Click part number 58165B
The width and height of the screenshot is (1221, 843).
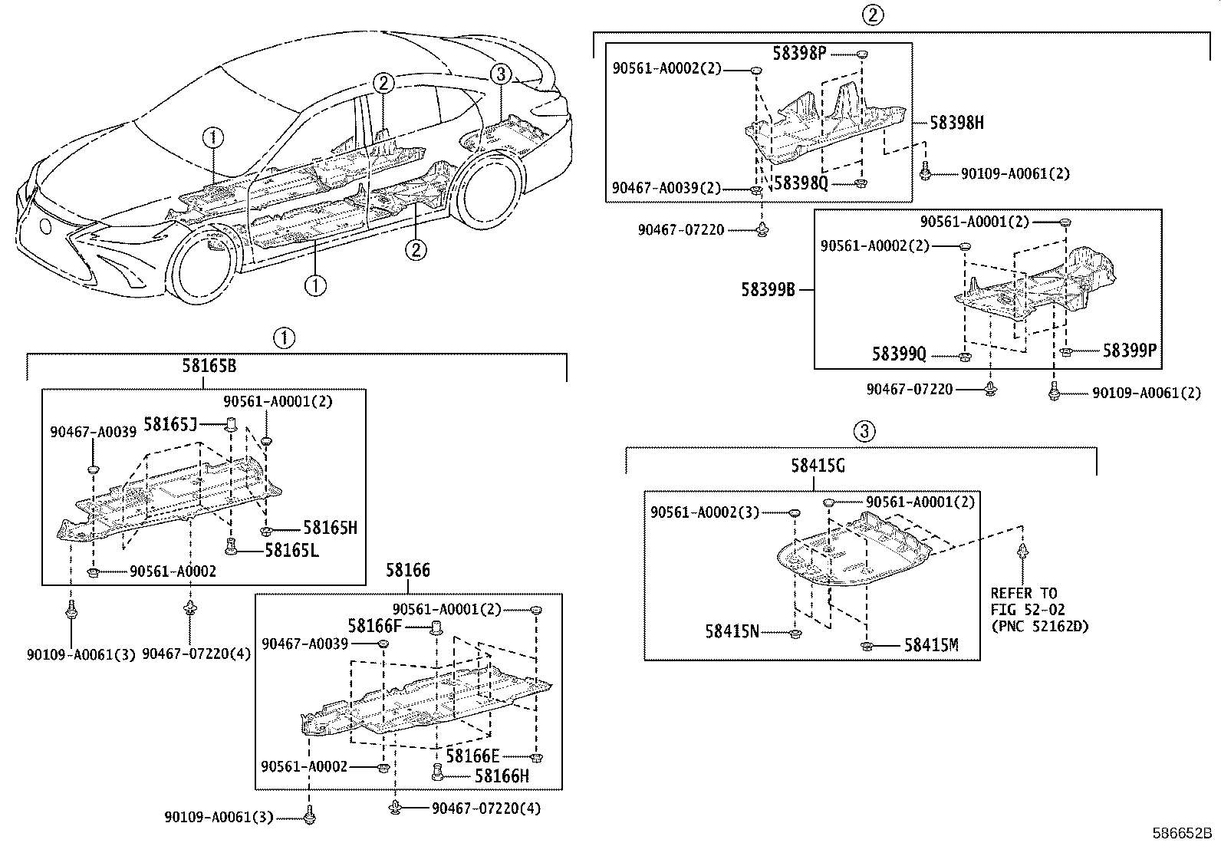click(x=209, y=366)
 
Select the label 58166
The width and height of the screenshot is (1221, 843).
click(x=407, y=571)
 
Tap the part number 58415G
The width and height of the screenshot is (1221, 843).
click(x=818, y=466)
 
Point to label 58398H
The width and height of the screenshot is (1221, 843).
click(x=956, y=123)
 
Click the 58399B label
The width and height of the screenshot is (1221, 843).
click(x=768, y=290)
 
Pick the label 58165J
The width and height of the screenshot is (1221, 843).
click(x=170, y=423)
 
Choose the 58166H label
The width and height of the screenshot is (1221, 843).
click(x=502, y=775)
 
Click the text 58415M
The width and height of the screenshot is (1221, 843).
click(x=931, y=645)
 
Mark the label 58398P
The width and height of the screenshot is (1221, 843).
click(x=799, y=53)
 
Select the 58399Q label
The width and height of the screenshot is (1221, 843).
click(x=899, y=354)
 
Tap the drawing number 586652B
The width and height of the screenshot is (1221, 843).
click(x=1181, y=833)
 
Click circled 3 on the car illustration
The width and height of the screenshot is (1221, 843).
click(x=500, y=74)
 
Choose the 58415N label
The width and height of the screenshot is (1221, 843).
click(x=732, y=631)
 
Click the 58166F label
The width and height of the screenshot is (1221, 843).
click(x=374, y=626)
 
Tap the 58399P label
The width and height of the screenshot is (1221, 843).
click(x=1129, y=351)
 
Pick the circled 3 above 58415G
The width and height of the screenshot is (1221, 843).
click(x=863, y=431)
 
